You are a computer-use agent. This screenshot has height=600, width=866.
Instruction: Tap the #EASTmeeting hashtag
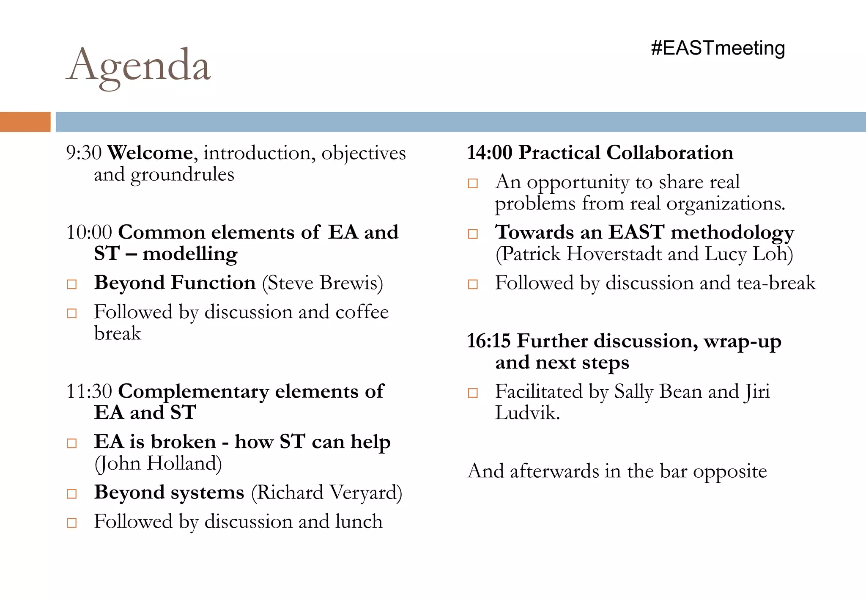point(718,48)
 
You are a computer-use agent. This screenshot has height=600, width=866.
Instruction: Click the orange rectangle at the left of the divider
point(25,122)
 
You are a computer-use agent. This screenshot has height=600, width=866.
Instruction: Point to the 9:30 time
point(83,153)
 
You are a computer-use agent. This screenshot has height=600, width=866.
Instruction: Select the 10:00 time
point(89,232)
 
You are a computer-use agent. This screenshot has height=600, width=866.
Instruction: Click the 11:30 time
point(89,391)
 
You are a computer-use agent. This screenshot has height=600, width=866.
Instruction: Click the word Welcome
point(150,153)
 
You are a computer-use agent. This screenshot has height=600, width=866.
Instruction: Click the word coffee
point(362,312)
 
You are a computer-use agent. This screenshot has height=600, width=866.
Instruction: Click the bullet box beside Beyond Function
point(72,284)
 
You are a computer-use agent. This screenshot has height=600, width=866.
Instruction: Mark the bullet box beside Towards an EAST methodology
point(473,234)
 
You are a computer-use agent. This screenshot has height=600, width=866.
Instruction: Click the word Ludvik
point(527,413)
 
